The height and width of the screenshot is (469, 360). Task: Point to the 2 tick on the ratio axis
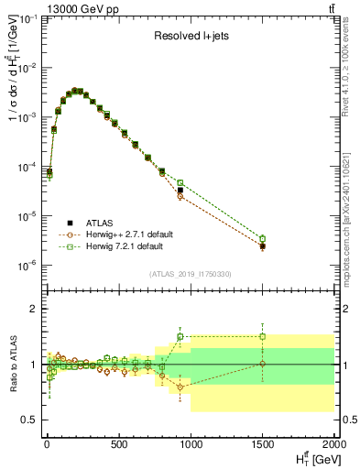(34, 309)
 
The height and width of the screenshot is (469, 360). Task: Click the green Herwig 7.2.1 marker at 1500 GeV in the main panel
(262, 239)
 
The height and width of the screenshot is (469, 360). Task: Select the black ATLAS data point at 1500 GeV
(262, 246)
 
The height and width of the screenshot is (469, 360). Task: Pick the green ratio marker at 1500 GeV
(262, 336)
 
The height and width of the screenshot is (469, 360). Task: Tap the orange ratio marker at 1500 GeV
(262, 364)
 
